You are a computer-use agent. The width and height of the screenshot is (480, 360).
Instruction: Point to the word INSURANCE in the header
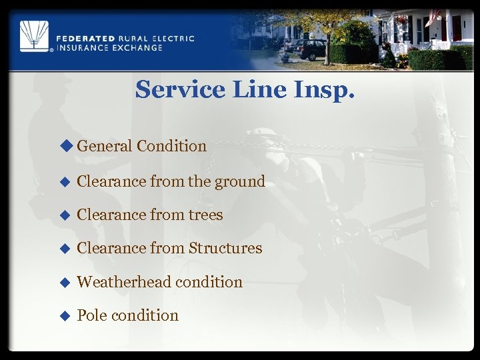79,48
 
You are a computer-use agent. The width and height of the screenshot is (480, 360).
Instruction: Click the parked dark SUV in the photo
308,49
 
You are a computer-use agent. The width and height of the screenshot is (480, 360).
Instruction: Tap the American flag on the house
434,16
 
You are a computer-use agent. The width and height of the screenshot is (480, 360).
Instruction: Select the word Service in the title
179,89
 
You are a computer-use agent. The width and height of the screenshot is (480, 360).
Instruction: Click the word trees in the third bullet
206,215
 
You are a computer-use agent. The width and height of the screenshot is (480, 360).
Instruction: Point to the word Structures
225,249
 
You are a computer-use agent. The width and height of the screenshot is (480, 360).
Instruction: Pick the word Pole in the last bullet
91,315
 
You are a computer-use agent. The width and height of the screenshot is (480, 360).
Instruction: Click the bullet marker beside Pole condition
65,316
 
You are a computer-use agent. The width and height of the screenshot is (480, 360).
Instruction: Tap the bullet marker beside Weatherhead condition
65,283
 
